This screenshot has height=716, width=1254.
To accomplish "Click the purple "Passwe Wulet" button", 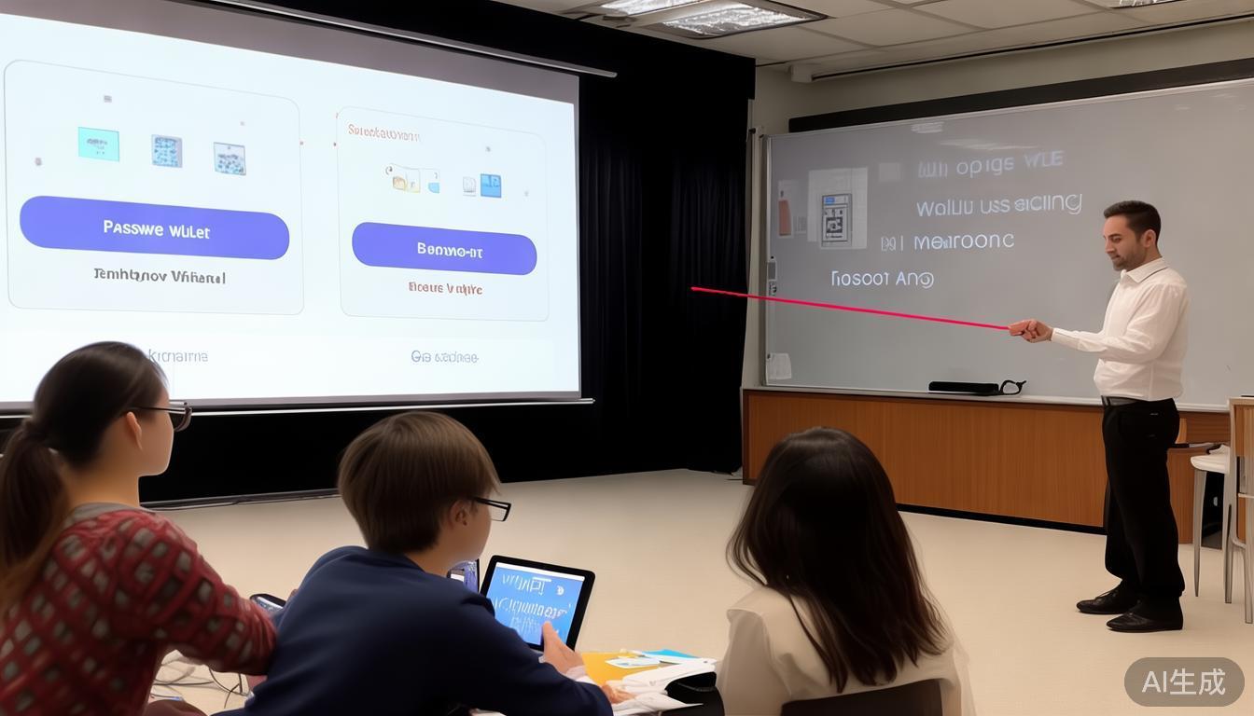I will pos(154,227).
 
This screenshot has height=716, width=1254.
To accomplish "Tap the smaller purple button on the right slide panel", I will pos(444,249).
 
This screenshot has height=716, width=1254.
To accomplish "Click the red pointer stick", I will pos(849,307).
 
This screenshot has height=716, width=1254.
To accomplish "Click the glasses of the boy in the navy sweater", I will pos(493,506).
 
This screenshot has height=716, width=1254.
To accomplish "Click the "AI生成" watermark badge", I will pos(1183,682).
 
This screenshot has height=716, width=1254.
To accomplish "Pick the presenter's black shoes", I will pos(1134,612).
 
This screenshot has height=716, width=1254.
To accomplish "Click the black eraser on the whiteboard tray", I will pos(966,387).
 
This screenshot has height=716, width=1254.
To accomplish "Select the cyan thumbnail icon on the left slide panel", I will pos(98,144).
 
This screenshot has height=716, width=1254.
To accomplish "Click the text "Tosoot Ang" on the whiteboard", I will pos(882,278).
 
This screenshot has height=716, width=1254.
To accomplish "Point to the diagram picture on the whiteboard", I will pos(837,207).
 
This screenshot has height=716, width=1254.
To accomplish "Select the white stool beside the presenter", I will pos(1210,503).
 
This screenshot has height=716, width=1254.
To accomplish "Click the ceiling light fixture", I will pos(718,16).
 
